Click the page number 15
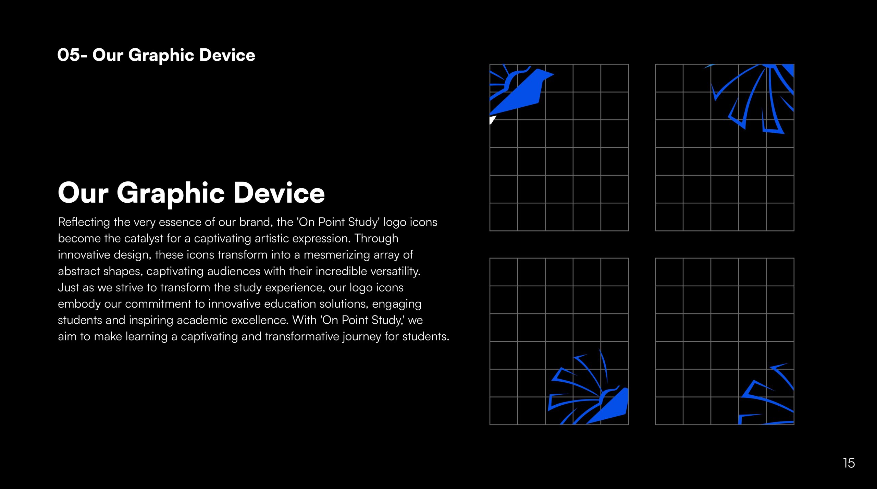pos(849,463)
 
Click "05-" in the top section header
pos(72,55)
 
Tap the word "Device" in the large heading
pos(279,193)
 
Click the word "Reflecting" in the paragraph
pos(84,222)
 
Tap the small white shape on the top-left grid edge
pos(492,120)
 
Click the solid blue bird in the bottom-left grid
pos(610,406)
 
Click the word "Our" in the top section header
pos(108,55)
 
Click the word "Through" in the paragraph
pos(376,239)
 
